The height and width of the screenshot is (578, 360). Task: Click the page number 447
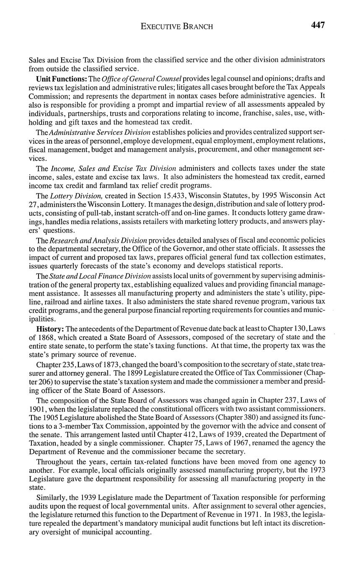[318, 25]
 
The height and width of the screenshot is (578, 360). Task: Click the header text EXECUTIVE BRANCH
[176, 26]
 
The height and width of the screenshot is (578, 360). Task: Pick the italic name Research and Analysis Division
[98, 240]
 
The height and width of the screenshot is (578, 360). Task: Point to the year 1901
[38, 408]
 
